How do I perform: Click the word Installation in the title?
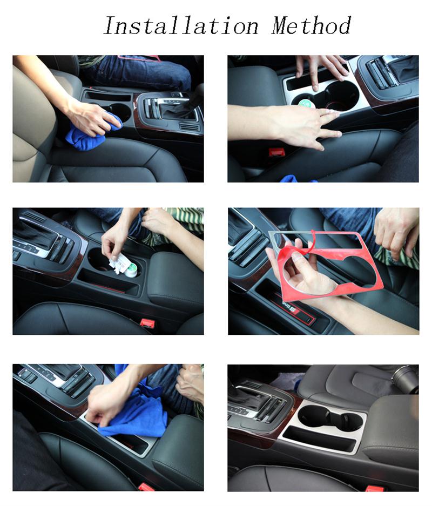coord(181,25)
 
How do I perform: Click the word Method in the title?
coord(311,25)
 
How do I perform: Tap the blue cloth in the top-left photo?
coord(92,133)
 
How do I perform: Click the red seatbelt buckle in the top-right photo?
coord(275,152)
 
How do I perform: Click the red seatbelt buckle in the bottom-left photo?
coord(146,487)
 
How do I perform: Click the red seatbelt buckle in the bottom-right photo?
coord(375,488)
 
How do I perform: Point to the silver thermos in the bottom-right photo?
coord(404,378)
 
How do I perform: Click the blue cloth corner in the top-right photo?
coord(292,178)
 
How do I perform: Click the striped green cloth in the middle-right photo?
coord(397,257)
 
